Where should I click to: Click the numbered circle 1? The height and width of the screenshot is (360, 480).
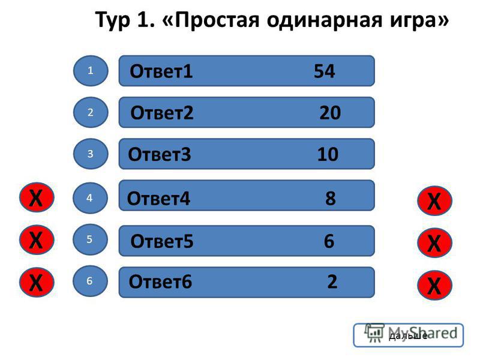(91, 71)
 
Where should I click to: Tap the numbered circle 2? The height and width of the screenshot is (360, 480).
(91, 112)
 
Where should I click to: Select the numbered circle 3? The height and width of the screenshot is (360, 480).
(91, 154)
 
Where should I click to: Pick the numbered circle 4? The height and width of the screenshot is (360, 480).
(90, 198)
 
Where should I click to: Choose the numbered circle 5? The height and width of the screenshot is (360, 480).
(90, 239)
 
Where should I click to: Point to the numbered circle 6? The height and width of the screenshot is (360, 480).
(90, 281)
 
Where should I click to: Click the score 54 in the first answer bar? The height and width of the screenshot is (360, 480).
(324, 71)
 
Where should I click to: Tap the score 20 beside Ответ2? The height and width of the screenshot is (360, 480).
(330, 113)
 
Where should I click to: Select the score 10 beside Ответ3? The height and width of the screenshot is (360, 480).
(328, 154)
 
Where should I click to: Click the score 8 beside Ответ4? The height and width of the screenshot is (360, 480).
(331, 199)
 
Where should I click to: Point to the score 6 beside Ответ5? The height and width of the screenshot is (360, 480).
(329, 241)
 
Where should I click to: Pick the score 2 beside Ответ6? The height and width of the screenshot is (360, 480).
(332, 281)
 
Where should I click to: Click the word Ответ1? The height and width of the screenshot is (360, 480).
(161, 71)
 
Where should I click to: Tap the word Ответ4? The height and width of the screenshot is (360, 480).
(158, 199)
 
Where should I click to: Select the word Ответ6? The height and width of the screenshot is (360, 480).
(160, 281)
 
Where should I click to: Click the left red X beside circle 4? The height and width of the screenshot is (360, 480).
(37, 197)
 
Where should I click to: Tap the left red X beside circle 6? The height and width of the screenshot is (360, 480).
(37, 282)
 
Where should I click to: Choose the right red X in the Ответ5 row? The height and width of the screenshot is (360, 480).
(434, 243)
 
